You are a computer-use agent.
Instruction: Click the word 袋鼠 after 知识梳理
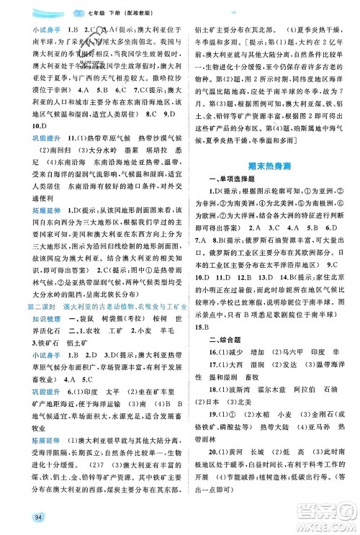coord(71,302)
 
